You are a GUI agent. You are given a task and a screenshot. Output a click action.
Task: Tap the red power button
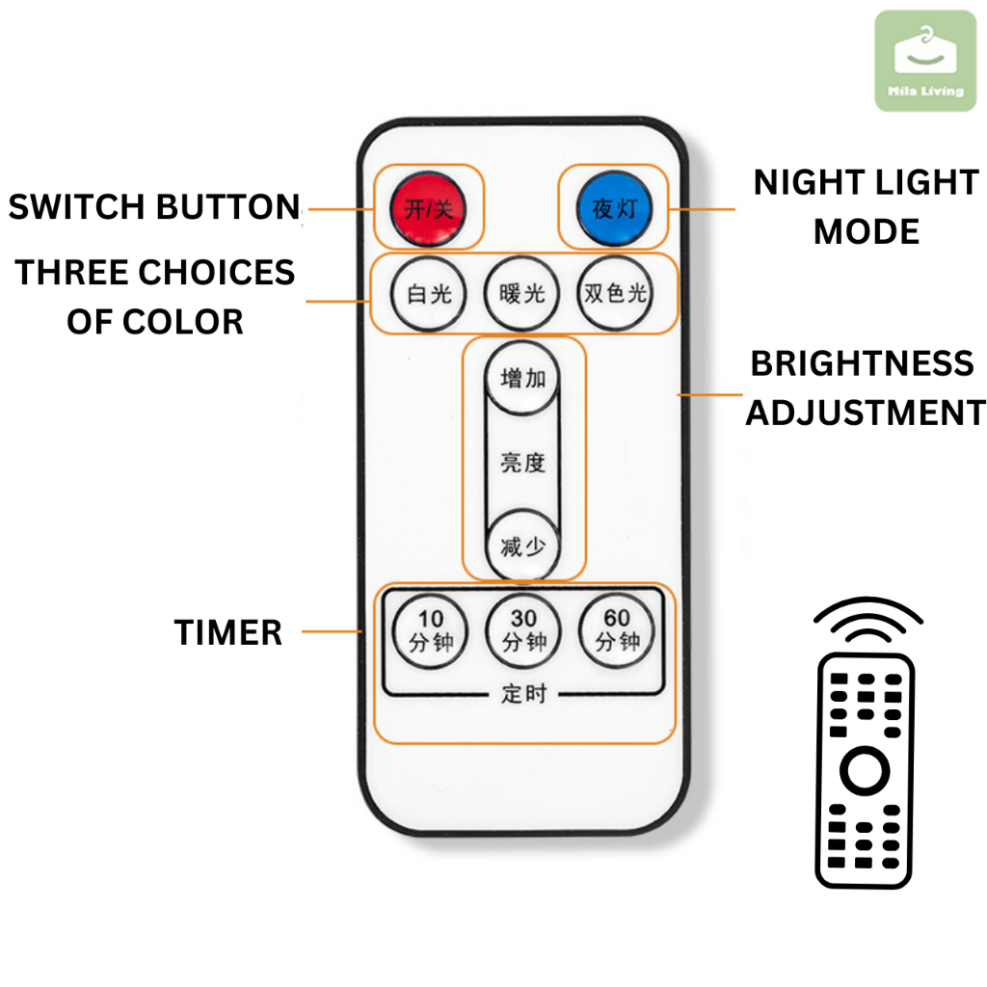pos(428,206)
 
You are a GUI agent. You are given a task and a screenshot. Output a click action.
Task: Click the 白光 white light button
pos(428,293)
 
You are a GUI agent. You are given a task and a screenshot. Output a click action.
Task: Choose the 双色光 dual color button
pos(615,293)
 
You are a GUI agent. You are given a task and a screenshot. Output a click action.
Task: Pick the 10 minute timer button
pos(430,632)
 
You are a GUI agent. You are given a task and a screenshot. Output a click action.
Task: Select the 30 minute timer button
pos(523,632)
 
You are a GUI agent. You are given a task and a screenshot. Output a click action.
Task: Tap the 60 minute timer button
pos(617,632)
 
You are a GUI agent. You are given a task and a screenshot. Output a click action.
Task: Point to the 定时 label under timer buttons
pos(523,693)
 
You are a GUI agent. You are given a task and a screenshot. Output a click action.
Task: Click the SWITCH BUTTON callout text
pos(154,207)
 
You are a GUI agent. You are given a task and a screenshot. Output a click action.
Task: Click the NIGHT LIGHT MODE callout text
pos(866,206)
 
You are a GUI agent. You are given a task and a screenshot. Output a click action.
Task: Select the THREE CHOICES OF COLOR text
pos(154,297)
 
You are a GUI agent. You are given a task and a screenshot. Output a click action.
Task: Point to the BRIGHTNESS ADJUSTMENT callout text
pos(865,387)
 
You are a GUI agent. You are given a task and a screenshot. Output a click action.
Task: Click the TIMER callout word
pos(228,633)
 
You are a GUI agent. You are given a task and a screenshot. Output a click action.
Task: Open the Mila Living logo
pos(925,60)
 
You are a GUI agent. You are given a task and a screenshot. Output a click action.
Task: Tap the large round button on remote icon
pos(865,770)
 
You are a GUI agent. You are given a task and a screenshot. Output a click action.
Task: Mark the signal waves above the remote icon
pos(867,622)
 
